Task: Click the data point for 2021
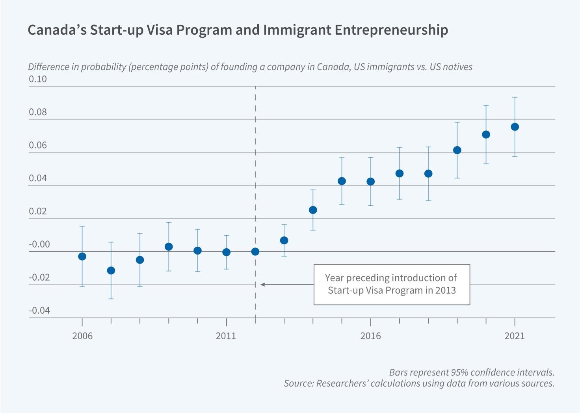[x=515, y=127]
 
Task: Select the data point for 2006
[x=82, y=257]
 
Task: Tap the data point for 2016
[x=370, y=182]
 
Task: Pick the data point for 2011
[x=226, y=252]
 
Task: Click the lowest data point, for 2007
[x=111, y=270]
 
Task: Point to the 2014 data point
[x=313, y=210]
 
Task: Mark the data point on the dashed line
[x=255, y=251]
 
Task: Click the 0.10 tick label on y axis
[x=38, y=79]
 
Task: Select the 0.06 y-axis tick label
[x=38, y=145]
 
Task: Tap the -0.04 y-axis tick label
[x=39, y=311]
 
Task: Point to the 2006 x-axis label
[x=82, y=336]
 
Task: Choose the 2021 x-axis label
[x=515, y=336]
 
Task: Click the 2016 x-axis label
[x=370, y=336]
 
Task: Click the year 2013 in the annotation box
[x=446, y=290]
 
